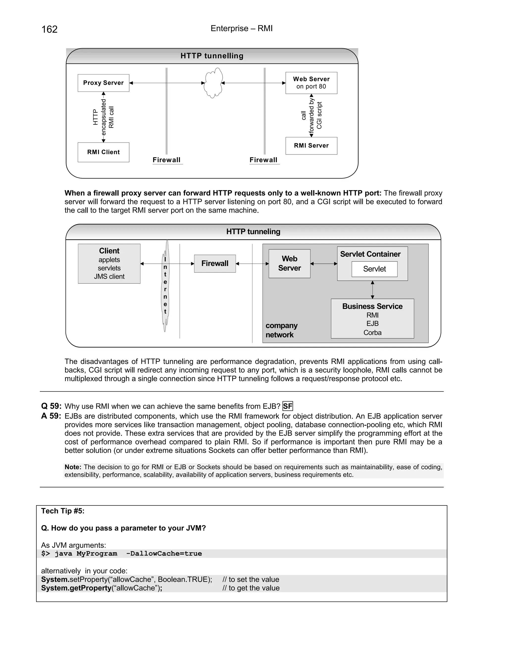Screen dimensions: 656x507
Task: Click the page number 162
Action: click(49, 29)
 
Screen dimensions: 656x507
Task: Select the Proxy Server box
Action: click(103, 83)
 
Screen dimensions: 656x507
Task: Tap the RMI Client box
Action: click(103, 152)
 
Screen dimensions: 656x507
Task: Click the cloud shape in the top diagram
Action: click(213, 83)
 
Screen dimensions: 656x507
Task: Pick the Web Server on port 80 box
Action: click(311, 83)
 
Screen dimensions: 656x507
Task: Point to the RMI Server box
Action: click(311, 146)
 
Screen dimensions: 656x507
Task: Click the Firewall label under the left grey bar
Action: click(167, 160)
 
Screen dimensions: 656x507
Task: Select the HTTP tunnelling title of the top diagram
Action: click(212, 56)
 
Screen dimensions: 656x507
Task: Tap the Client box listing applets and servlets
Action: click(109, 263)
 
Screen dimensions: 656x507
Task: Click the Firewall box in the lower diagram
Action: click(215, 263)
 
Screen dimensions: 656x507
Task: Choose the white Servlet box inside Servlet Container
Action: click(374, 269)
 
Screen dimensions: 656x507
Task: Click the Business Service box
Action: click(372, 318)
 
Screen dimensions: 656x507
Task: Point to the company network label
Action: click(281, 330)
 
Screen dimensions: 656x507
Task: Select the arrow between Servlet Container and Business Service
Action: click(372, 290)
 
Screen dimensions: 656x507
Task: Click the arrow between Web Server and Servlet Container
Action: click(324, 264)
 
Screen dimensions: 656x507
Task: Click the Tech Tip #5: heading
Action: click(63, 511)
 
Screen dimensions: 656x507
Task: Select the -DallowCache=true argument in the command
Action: click(164, 554)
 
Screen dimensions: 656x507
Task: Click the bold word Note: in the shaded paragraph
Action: click(73, 467)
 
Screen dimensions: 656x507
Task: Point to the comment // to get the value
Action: click(251, 588)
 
